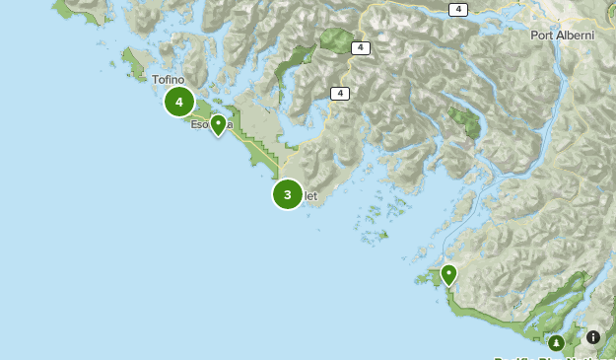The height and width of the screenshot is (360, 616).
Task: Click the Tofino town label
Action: (168, 80)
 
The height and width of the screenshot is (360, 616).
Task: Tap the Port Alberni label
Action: (562, 36)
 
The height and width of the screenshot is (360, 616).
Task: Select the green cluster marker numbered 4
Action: (179, 102)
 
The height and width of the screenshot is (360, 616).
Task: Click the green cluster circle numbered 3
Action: (288, 194)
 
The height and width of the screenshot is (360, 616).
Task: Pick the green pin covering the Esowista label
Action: (218, 124)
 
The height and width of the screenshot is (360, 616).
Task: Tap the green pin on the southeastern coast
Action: (449, 274)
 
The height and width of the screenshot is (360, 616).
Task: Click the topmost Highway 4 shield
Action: (457, 9)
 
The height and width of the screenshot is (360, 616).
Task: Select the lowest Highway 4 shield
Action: (340, 94)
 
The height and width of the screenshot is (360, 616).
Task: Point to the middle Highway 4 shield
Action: (360, 47)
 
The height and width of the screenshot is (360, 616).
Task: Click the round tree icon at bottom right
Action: (557, 342)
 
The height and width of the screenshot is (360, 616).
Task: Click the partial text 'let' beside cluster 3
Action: (310, 196)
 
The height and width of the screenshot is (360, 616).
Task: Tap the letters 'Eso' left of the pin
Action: (198, 125)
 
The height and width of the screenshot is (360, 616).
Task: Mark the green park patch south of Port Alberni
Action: (463, 120)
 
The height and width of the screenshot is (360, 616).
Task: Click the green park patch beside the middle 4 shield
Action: (336, 42)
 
